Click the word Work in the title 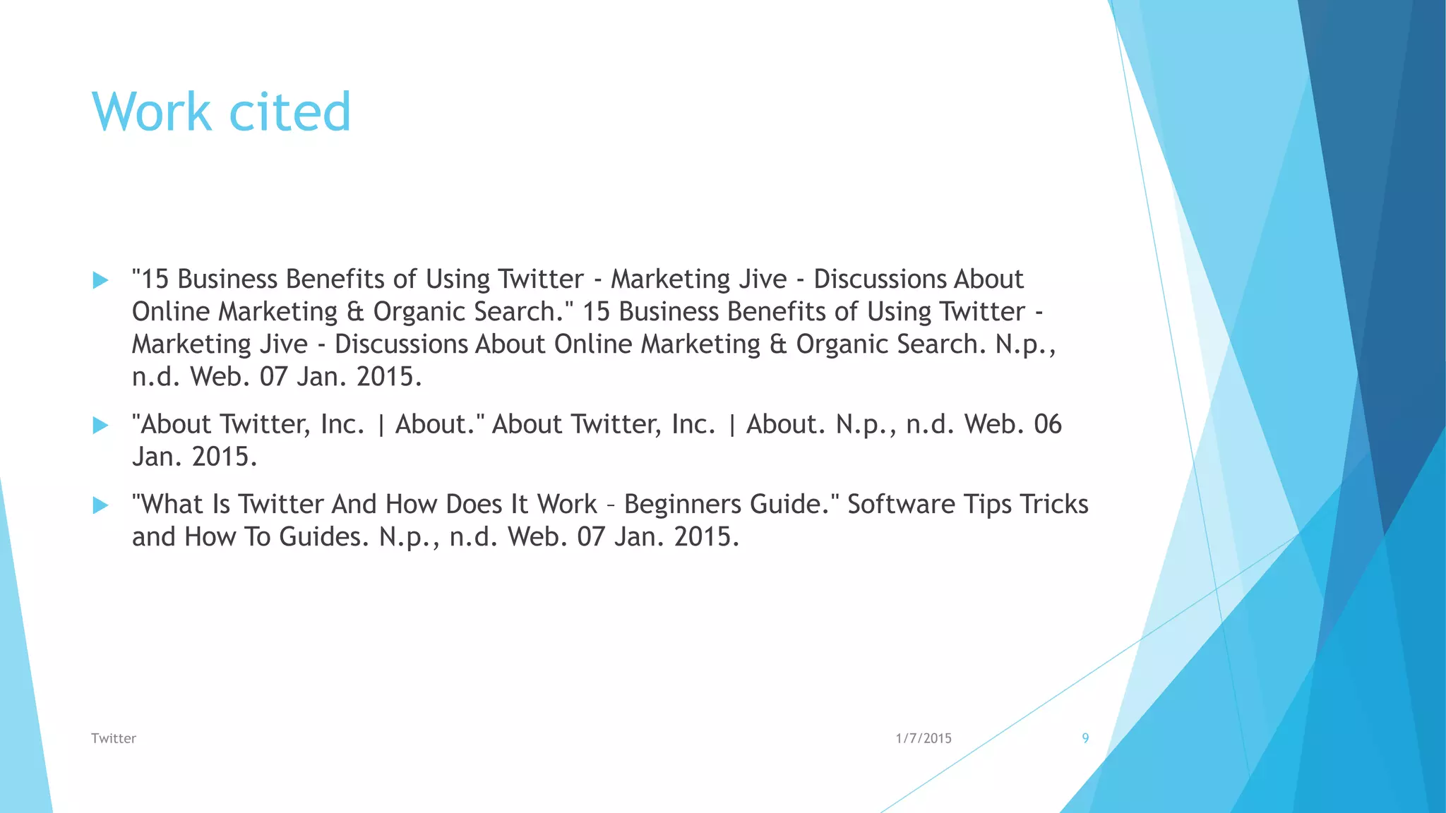coord(151,112)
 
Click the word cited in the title coord(289,112)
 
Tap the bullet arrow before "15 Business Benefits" coord(100,280)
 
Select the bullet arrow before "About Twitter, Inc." coord(100,425)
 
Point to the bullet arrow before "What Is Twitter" coord(100,505)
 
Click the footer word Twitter coord(113,738)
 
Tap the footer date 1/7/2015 coord(924,738)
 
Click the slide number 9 coord(1085,738)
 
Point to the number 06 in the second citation coord(1047,424)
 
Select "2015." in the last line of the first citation coord(389,377)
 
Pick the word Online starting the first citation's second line coord(171,312)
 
